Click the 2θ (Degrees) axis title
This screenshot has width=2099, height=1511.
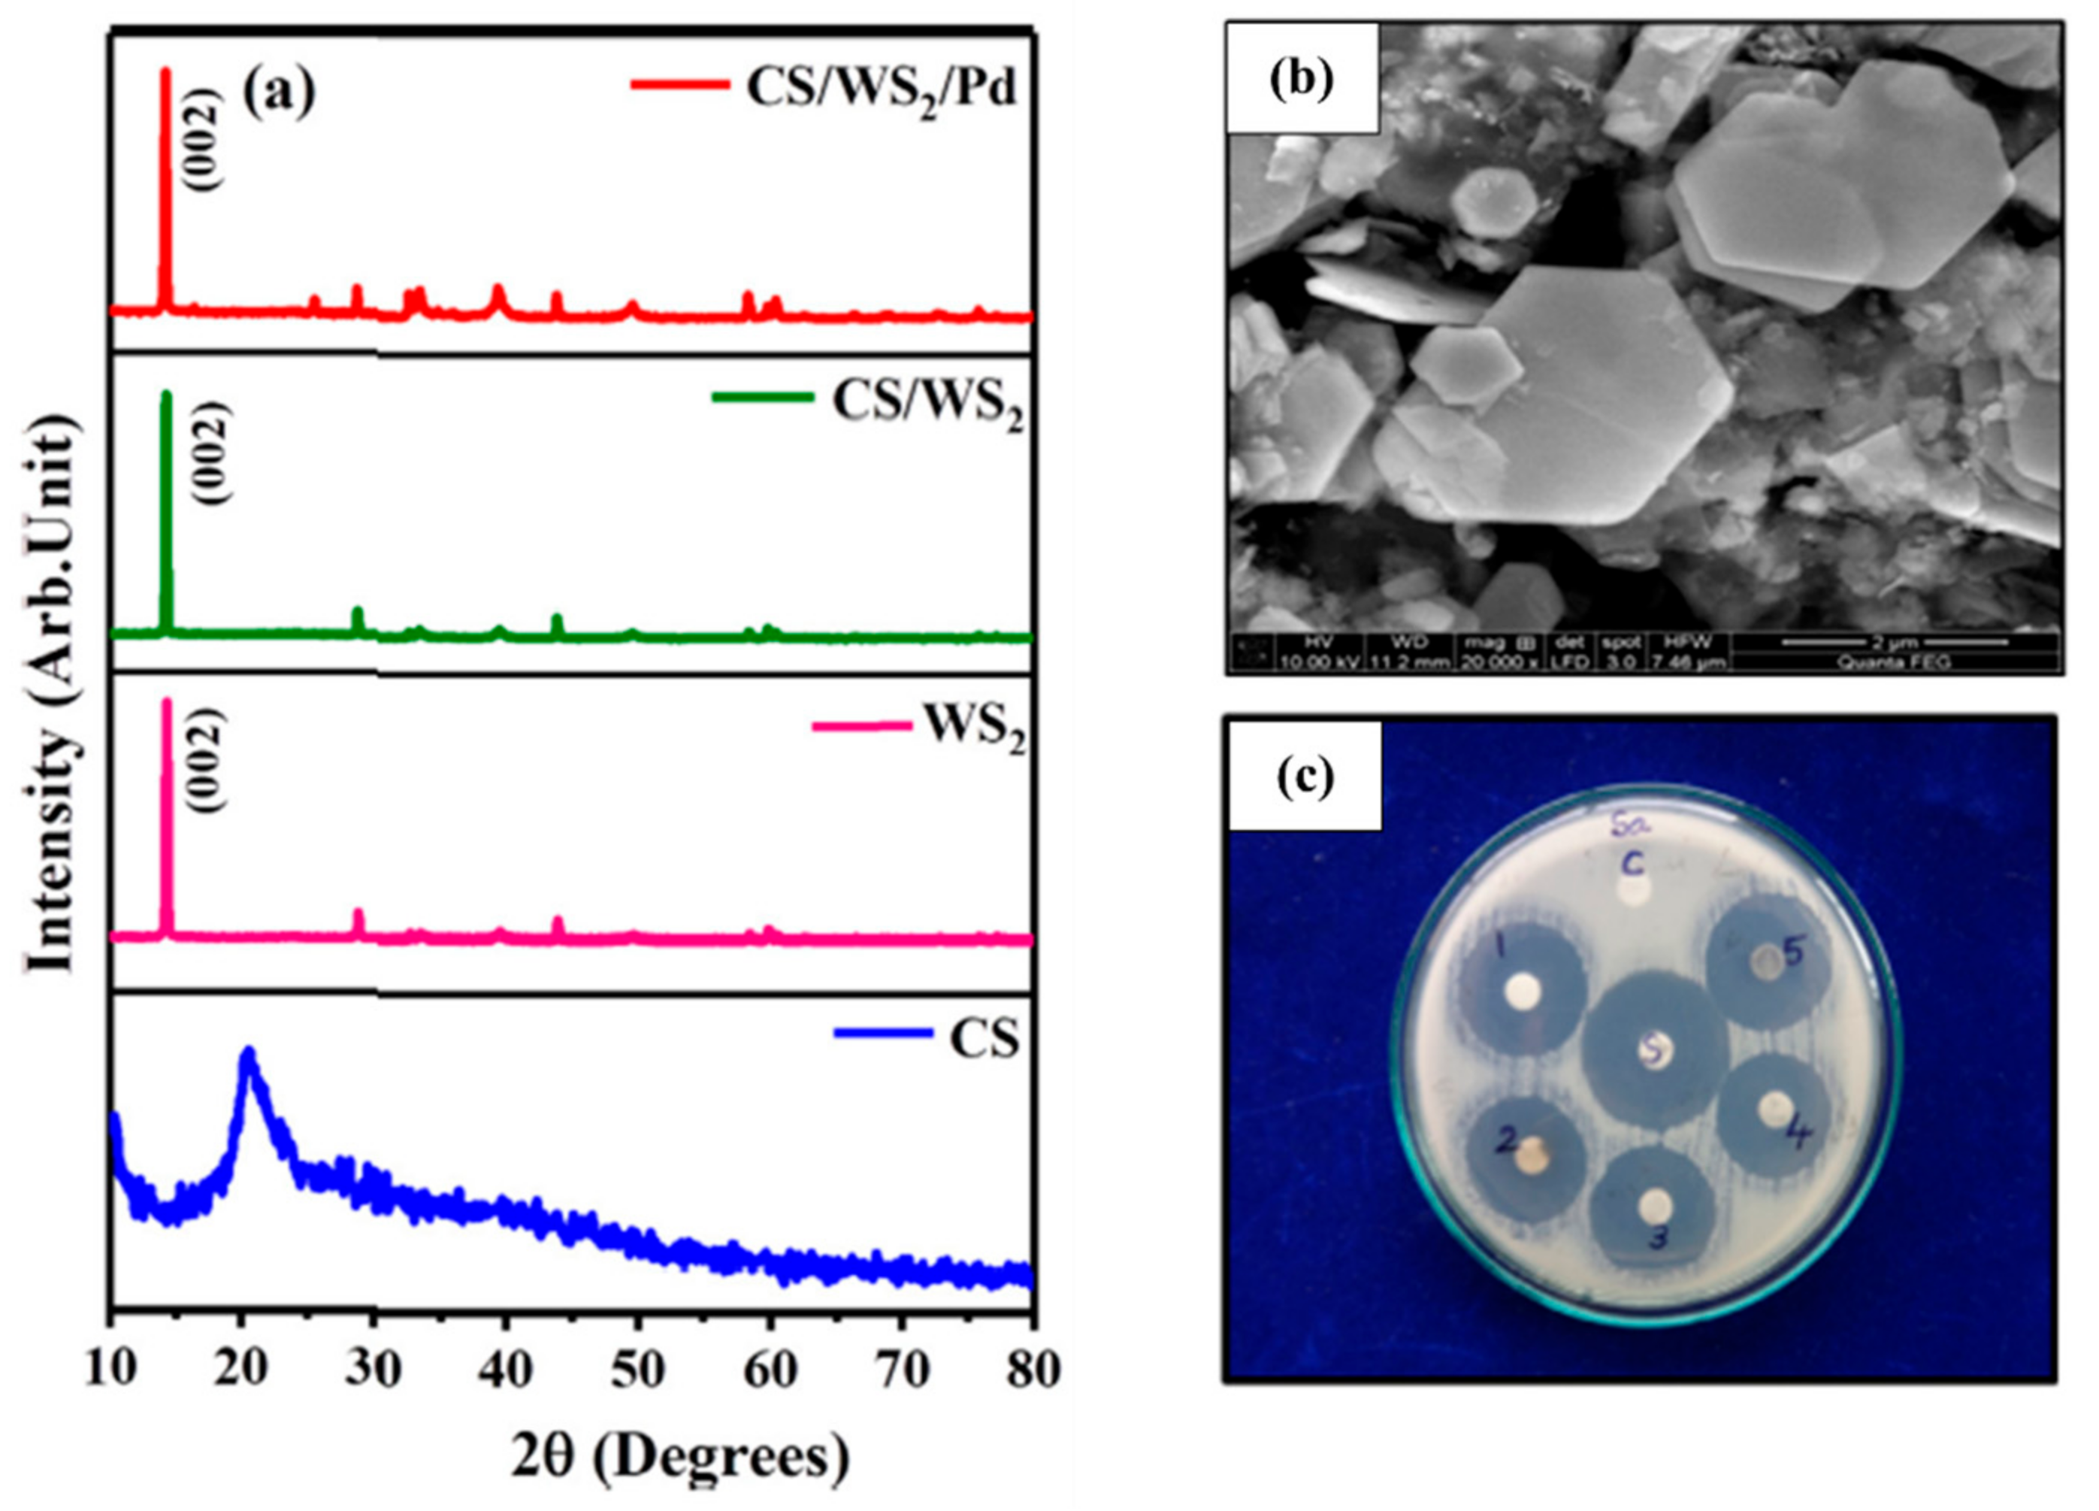pyautogui.click(x=680, y=1456)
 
